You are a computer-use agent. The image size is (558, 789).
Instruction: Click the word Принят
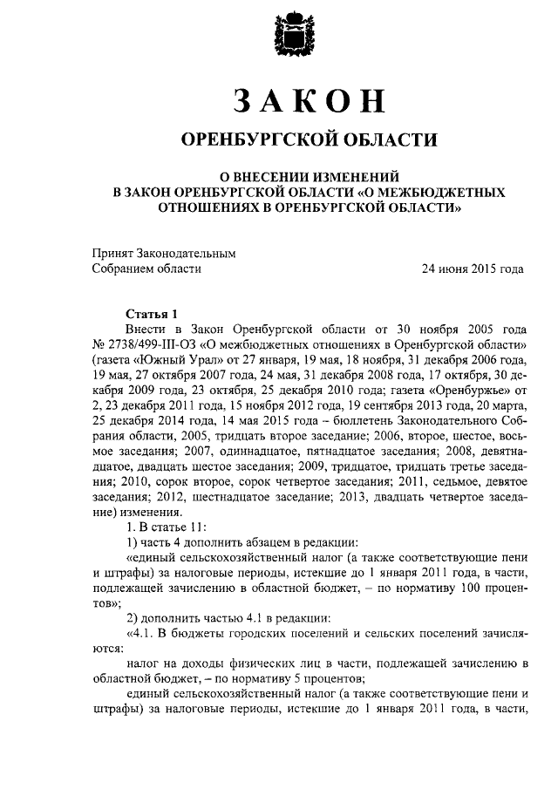pos(113,253)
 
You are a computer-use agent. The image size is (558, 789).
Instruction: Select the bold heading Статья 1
pos(152,314)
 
